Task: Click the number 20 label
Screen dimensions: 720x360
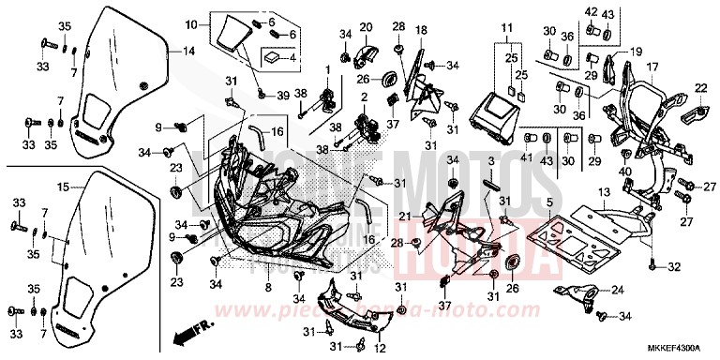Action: tap(366, 26)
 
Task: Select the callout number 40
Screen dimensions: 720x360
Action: tap(623, 172)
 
